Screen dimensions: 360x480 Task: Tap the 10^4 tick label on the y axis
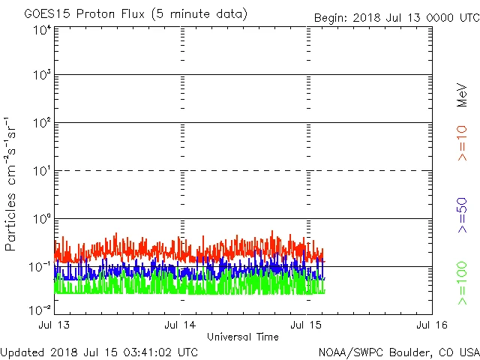pyautogui.click(x=40, y=30)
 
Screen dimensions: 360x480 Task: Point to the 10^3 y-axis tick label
pyautogui.click(x=40, y=76)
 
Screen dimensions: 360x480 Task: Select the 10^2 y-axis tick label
pyautogui.click(x=40, y=124)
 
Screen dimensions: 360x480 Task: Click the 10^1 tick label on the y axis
pyautogui.click(x=40, y=172)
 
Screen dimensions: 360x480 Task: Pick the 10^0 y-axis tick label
pyautogui.click(x=40, y=220)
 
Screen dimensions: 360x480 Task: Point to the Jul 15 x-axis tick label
pyautogui.click(x=306, y=325)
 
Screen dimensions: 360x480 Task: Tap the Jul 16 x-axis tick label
pyautogui.click(x=432, y=325)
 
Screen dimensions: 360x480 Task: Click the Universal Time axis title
pyautogui.click(x=242, y=337)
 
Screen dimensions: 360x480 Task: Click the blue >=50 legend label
pyautogui.click(x=463, y=216)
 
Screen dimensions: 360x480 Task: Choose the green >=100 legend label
pyautogui.click(x=463, y=283)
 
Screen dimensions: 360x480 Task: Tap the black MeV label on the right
pyautogui.click(x=463, y=94)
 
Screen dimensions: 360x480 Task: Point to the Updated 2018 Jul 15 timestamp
pyautogui.click(x=99, y=352)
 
